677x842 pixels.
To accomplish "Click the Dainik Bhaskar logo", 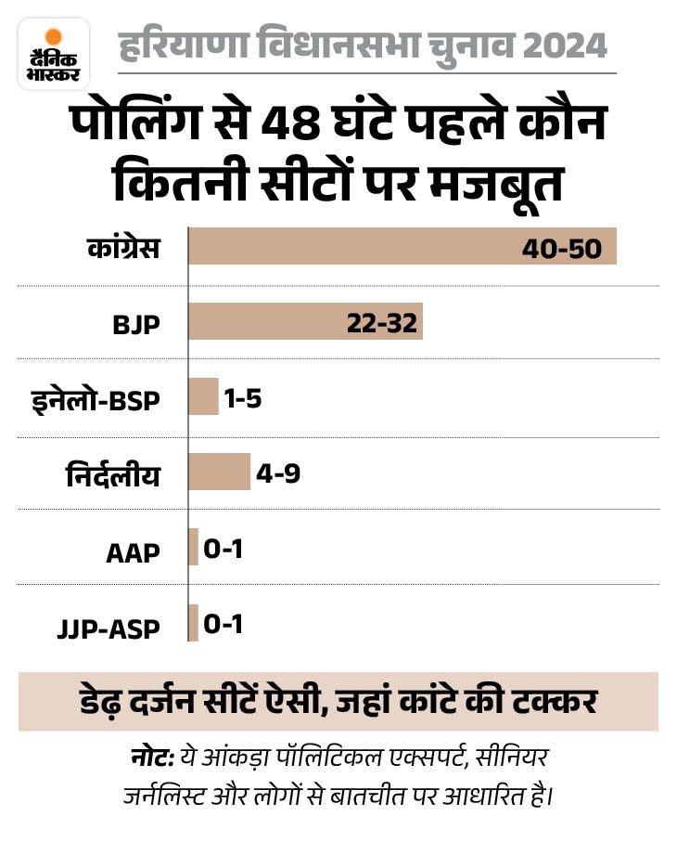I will (54, 53).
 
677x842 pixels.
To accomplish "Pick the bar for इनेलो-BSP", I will (203, 396).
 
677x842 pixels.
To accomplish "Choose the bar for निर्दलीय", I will (219, 472).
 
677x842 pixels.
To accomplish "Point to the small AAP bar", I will (193, 547).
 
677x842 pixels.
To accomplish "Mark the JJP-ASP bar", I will (193, 623).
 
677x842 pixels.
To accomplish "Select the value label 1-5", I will (243, 398).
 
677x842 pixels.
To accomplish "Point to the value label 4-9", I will (279, 473).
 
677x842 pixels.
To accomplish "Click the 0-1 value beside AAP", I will (223, 549).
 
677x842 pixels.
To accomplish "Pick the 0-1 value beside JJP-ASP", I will (223, 625).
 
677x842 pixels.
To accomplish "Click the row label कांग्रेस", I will (120, 249).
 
